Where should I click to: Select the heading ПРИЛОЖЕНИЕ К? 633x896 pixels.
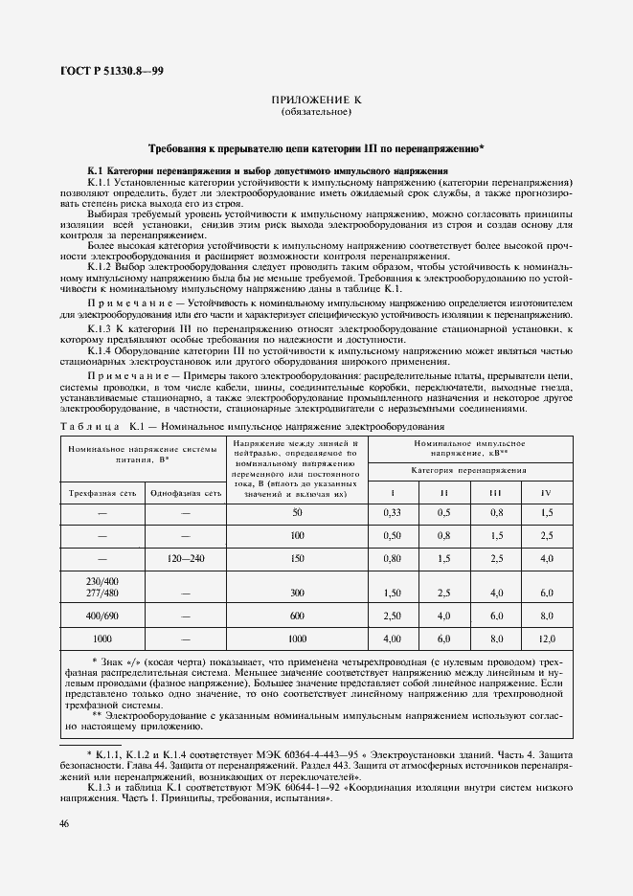pos(316,101)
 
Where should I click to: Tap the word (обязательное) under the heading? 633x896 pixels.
pos(316,112)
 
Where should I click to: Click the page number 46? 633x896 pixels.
pos(63,823)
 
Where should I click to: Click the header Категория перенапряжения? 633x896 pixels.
pos(468,471)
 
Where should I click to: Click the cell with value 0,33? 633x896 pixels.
pos(391,513)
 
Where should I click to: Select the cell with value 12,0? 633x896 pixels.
pos(546,638)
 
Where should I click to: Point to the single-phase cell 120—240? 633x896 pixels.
pos(185,557)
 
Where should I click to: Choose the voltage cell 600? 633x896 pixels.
pos(296,616)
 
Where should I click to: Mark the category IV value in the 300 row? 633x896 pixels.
pos(546,594)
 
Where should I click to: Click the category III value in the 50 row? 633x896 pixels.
pos(495,513)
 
